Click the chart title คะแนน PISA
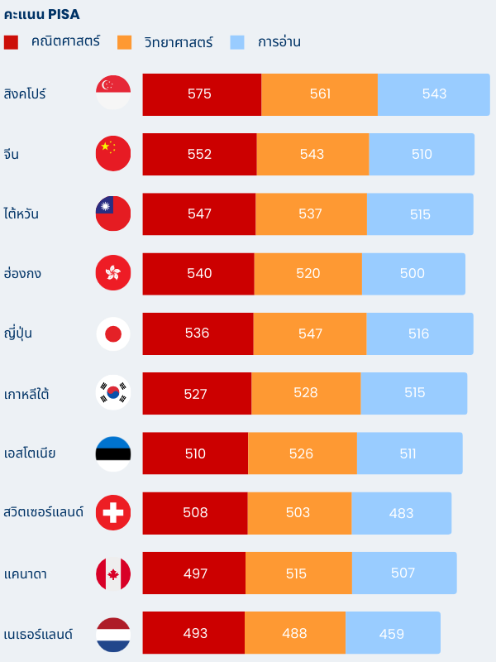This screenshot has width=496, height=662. coord(42,14)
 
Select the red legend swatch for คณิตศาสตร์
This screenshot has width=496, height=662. coord(11,42)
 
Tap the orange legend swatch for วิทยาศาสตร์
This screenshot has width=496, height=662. coord(125,42)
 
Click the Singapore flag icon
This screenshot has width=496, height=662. coord(113,93)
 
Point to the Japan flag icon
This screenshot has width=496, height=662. coord(113,333)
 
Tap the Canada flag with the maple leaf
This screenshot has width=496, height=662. coord(113,573)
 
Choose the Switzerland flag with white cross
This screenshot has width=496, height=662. coord(113,513)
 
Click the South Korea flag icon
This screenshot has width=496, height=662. coord(113,393)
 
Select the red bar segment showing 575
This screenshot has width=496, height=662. coord(201,94)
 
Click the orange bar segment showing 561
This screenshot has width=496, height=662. coord(320,94)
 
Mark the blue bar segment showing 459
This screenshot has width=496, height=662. coord(392,634)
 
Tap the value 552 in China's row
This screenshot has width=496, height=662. coord(199,154)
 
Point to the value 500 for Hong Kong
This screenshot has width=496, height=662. coord(412,274)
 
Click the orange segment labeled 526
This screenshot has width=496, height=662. coord(302,453)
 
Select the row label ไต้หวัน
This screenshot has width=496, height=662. coord(21,213)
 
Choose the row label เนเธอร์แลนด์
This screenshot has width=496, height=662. coord(38,635)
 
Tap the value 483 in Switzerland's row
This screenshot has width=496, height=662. coord(401,513)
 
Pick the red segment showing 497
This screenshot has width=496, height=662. coord(195,573)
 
